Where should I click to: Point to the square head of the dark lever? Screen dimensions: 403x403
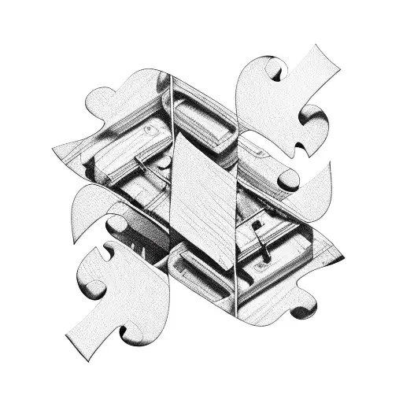pyautogui.click(x=257, y=225)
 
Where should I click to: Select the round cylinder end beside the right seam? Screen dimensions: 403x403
pyautogui.click(x=287, y=179)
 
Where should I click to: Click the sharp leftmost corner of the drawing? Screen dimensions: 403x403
pyautogui.click(x=54, y=150)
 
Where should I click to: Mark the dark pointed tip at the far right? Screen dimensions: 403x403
pyautogui.click(x=343, y=253)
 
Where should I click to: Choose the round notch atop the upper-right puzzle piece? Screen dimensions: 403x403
pyautogui.click(x=275, y=71)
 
